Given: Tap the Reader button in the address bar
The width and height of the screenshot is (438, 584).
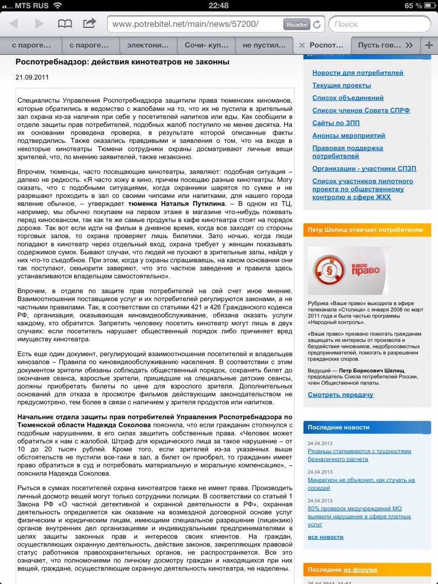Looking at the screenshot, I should coord(296,24).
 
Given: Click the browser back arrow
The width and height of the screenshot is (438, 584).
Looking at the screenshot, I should coord(13,24).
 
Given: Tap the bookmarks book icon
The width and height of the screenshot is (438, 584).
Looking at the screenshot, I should coord(65,24).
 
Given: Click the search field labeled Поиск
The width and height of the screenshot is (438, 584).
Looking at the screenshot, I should coord(381,24).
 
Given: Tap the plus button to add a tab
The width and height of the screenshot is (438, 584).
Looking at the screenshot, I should coord(429,45).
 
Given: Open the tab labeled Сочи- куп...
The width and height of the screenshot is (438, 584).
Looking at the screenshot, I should coord(207,45).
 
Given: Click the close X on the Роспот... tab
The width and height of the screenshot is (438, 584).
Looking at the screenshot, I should coord(302,45).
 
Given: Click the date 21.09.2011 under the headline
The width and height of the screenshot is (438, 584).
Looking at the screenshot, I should coord(31,77).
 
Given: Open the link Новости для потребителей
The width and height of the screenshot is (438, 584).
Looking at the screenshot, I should coord(358,73).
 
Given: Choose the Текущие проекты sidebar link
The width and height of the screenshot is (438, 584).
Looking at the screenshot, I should coord(341,85).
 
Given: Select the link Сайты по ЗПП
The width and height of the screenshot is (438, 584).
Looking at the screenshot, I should coord(336,123).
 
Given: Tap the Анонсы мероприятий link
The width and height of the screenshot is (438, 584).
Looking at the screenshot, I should coord(348,136).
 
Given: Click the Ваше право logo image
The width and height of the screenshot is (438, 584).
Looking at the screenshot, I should coord(348,271).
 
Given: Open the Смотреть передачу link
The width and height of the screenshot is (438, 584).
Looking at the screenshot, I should coord(340,395).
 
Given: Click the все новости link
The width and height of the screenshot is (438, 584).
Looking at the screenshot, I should coord(325,537).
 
